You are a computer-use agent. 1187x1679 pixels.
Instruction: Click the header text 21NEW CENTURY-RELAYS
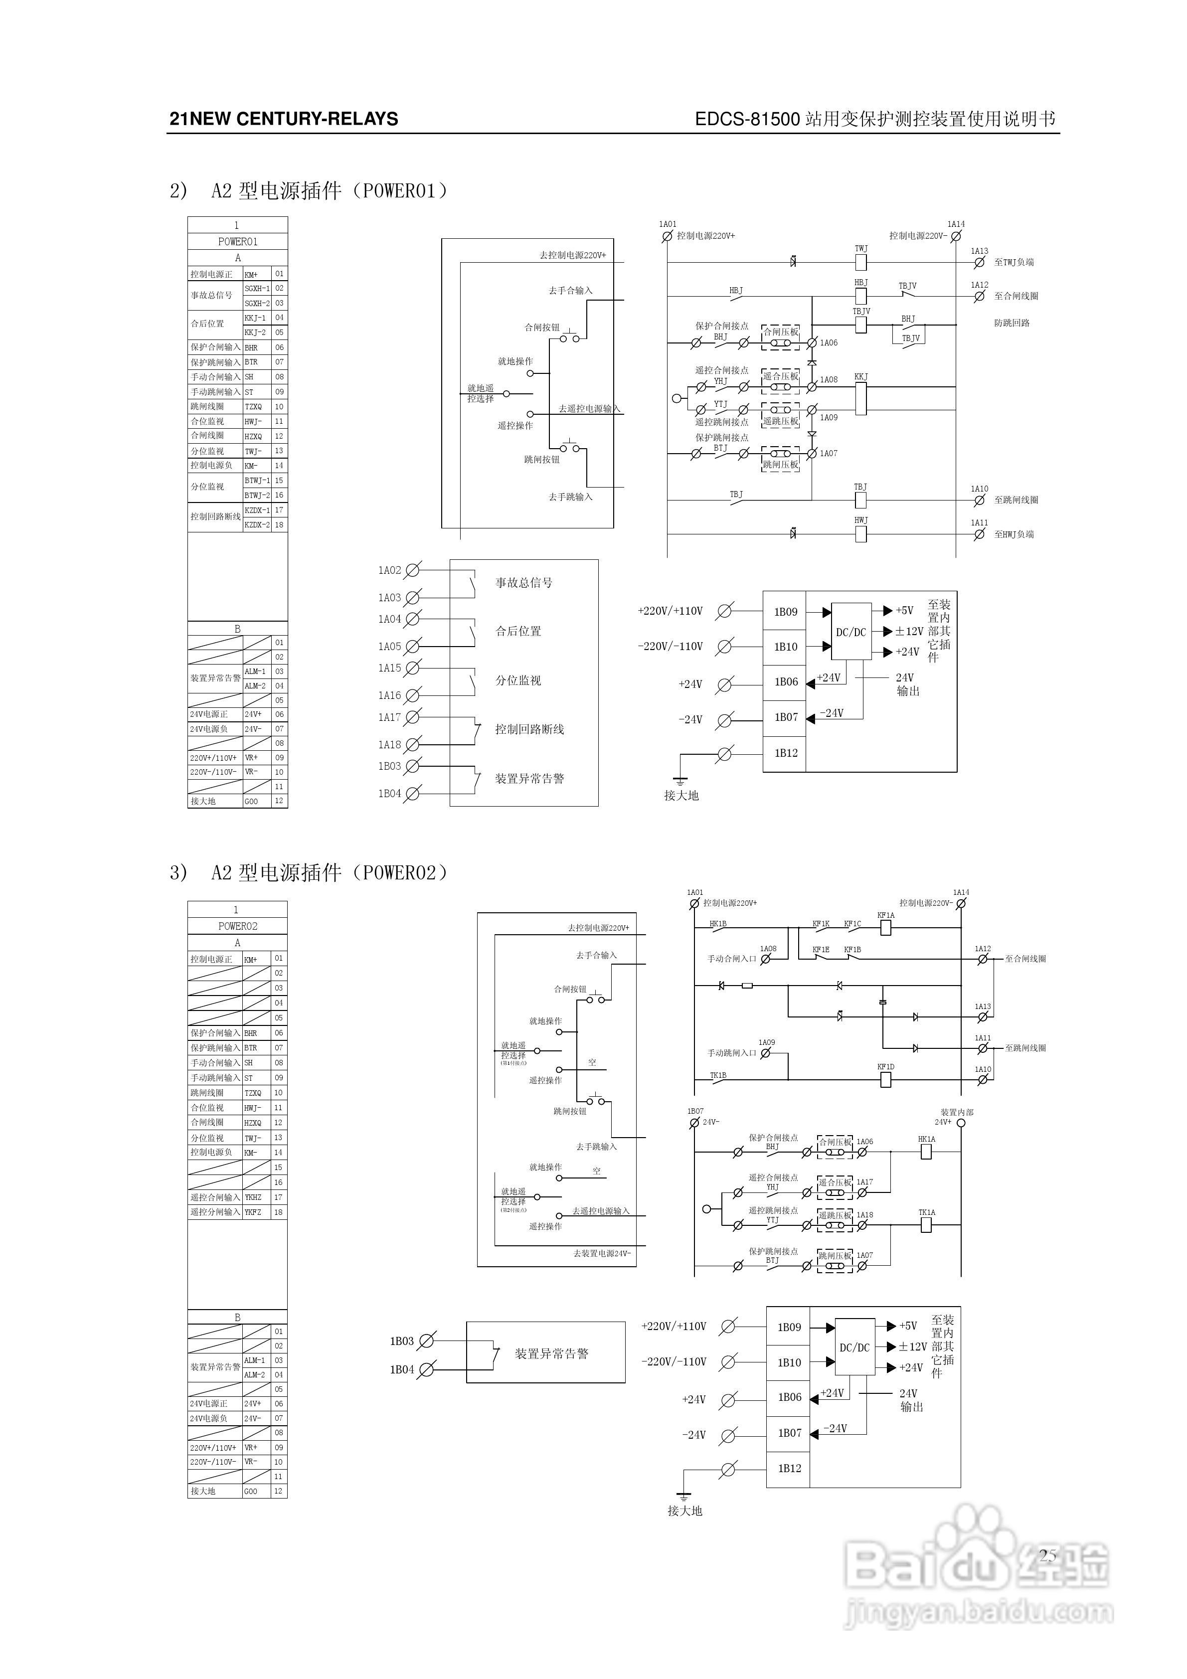tap(284, 119)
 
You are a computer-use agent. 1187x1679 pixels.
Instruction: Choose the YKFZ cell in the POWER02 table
tap(253, 1212)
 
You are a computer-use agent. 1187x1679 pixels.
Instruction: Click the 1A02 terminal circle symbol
tap(412, 570)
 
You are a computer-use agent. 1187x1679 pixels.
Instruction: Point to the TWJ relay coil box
tap(861, 262)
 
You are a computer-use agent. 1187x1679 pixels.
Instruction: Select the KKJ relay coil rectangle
tap(861, 398)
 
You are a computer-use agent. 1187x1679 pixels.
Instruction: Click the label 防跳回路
tap(1012, 323)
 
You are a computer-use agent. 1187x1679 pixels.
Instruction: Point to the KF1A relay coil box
tap(886, 927)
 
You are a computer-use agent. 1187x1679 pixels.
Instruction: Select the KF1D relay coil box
tap(886, 1079)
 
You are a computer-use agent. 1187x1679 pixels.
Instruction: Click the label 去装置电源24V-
tap(601, 1253)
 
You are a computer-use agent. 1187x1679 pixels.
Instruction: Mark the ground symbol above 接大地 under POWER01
tap(681, 781)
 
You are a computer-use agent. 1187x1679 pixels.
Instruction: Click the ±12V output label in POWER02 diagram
tap(912, 1347)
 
